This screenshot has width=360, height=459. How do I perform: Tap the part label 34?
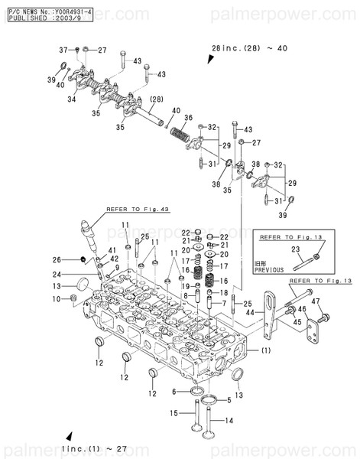point(71,99)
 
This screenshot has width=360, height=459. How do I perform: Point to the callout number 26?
point(67,259)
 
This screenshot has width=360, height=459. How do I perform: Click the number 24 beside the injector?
point(66,274)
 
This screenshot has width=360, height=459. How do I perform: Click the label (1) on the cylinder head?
point(265,351)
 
